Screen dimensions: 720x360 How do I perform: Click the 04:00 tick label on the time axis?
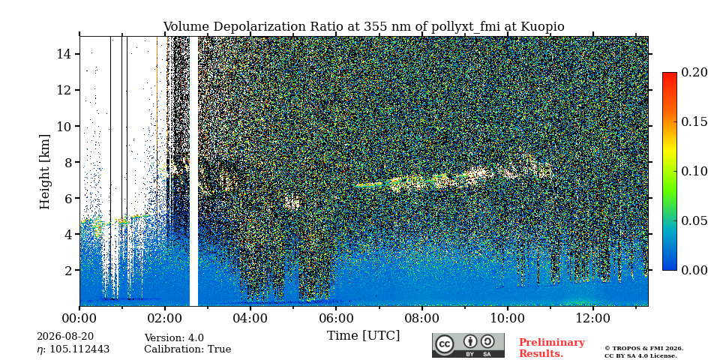(250, 318)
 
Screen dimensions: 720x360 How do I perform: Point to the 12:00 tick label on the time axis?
(592, 318)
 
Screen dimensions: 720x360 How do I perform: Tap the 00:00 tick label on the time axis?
(80, 318)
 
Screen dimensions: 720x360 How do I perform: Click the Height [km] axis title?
(44, 172)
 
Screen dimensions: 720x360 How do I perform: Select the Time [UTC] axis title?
(363, 336)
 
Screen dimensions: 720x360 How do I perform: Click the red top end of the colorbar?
(670, 74)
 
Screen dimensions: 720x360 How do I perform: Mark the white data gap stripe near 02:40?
(193, 171)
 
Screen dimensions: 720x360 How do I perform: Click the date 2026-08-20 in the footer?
(65, 337)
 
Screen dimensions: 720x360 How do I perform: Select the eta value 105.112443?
(79, 349)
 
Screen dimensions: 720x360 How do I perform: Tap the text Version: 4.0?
(174, 338)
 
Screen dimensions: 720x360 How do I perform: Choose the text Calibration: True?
(187, 349)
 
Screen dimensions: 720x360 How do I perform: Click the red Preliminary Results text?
(552, 348)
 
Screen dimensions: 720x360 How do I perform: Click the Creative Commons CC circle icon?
(445, 344)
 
